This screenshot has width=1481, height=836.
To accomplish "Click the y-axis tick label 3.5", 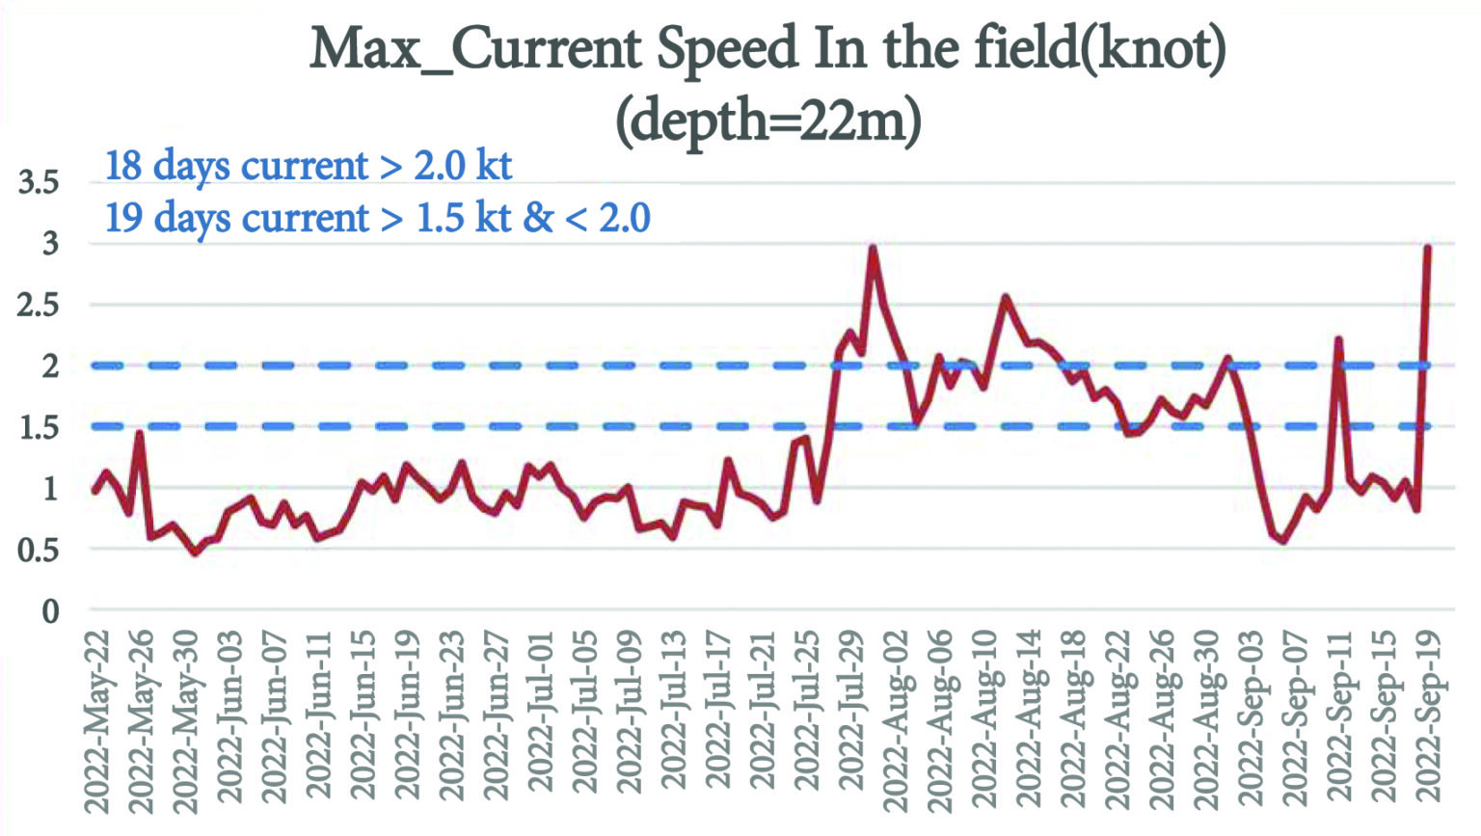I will tap(39, 181).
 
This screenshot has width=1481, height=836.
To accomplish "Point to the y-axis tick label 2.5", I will tap(39, 305).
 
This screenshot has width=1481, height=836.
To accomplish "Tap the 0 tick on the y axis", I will tap(50, 610).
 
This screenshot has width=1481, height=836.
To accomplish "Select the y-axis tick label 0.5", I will tap(39, 550).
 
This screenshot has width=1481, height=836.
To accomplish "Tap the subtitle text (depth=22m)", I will tap(768, 121).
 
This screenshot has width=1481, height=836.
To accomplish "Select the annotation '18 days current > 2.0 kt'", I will tap(309, 166).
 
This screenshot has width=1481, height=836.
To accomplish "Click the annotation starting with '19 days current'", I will tap(377, 218).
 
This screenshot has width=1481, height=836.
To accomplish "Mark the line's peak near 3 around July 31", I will tap(873, 248).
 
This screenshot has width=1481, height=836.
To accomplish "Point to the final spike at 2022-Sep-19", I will tap(1427, 248).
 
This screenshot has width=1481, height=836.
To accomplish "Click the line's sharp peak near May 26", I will tap(140, 434).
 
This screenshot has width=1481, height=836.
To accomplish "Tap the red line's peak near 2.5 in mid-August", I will tap(1006, 298).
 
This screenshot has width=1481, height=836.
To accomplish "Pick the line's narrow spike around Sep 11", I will tap(1338, 339).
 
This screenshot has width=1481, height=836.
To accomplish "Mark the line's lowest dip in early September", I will tap(1282, 541).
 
